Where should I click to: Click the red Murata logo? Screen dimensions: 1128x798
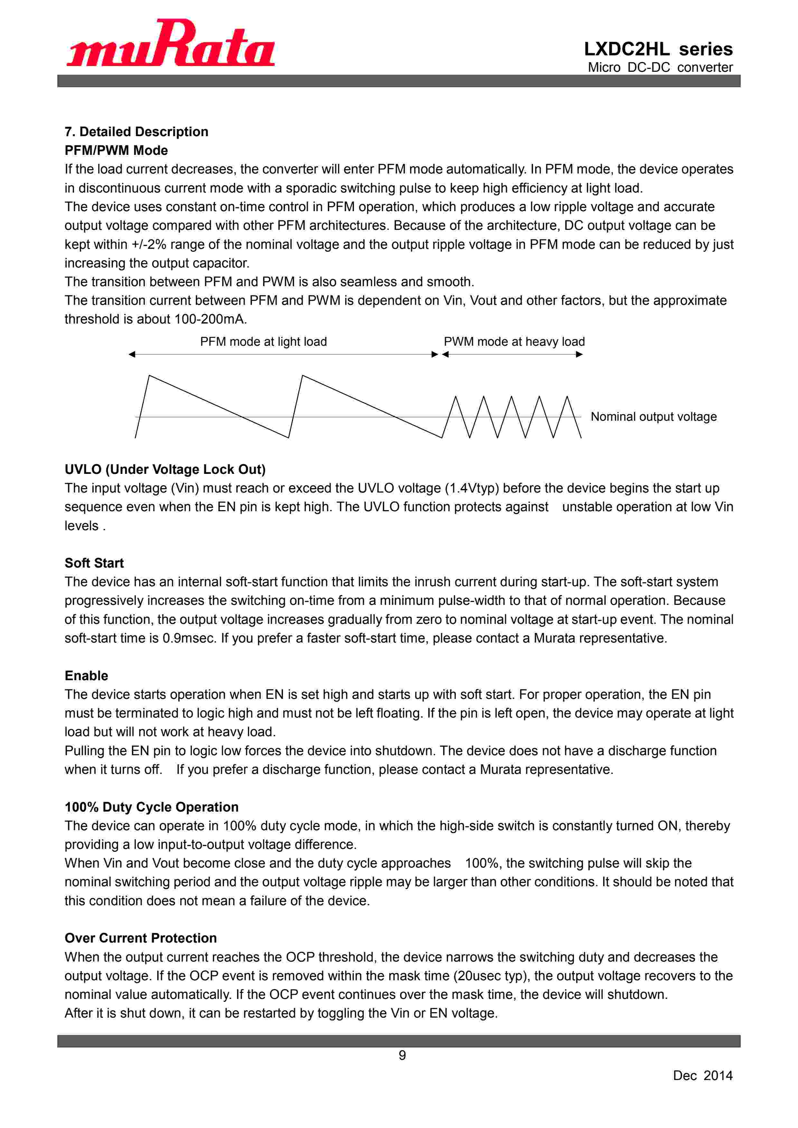click(x=171, y=43)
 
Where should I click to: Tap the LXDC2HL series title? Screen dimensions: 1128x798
click(x=658, y=49)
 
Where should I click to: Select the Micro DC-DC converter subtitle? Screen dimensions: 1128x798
click(x=660, y=67)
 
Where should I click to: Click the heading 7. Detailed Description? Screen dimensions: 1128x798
click(x=136, y=132)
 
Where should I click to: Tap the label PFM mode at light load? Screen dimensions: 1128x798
click(x=263, y=342)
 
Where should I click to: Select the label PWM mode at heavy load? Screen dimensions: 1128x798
click(x=514, y=342)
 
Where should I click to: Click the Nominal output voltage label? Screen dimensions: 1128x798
click(x=653, y=417)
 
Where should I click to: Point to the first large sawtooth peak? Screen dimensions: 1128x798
click(x=149, y=376)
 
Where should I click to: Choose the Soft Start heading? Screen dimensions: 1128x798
click(x=94, y=563)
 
